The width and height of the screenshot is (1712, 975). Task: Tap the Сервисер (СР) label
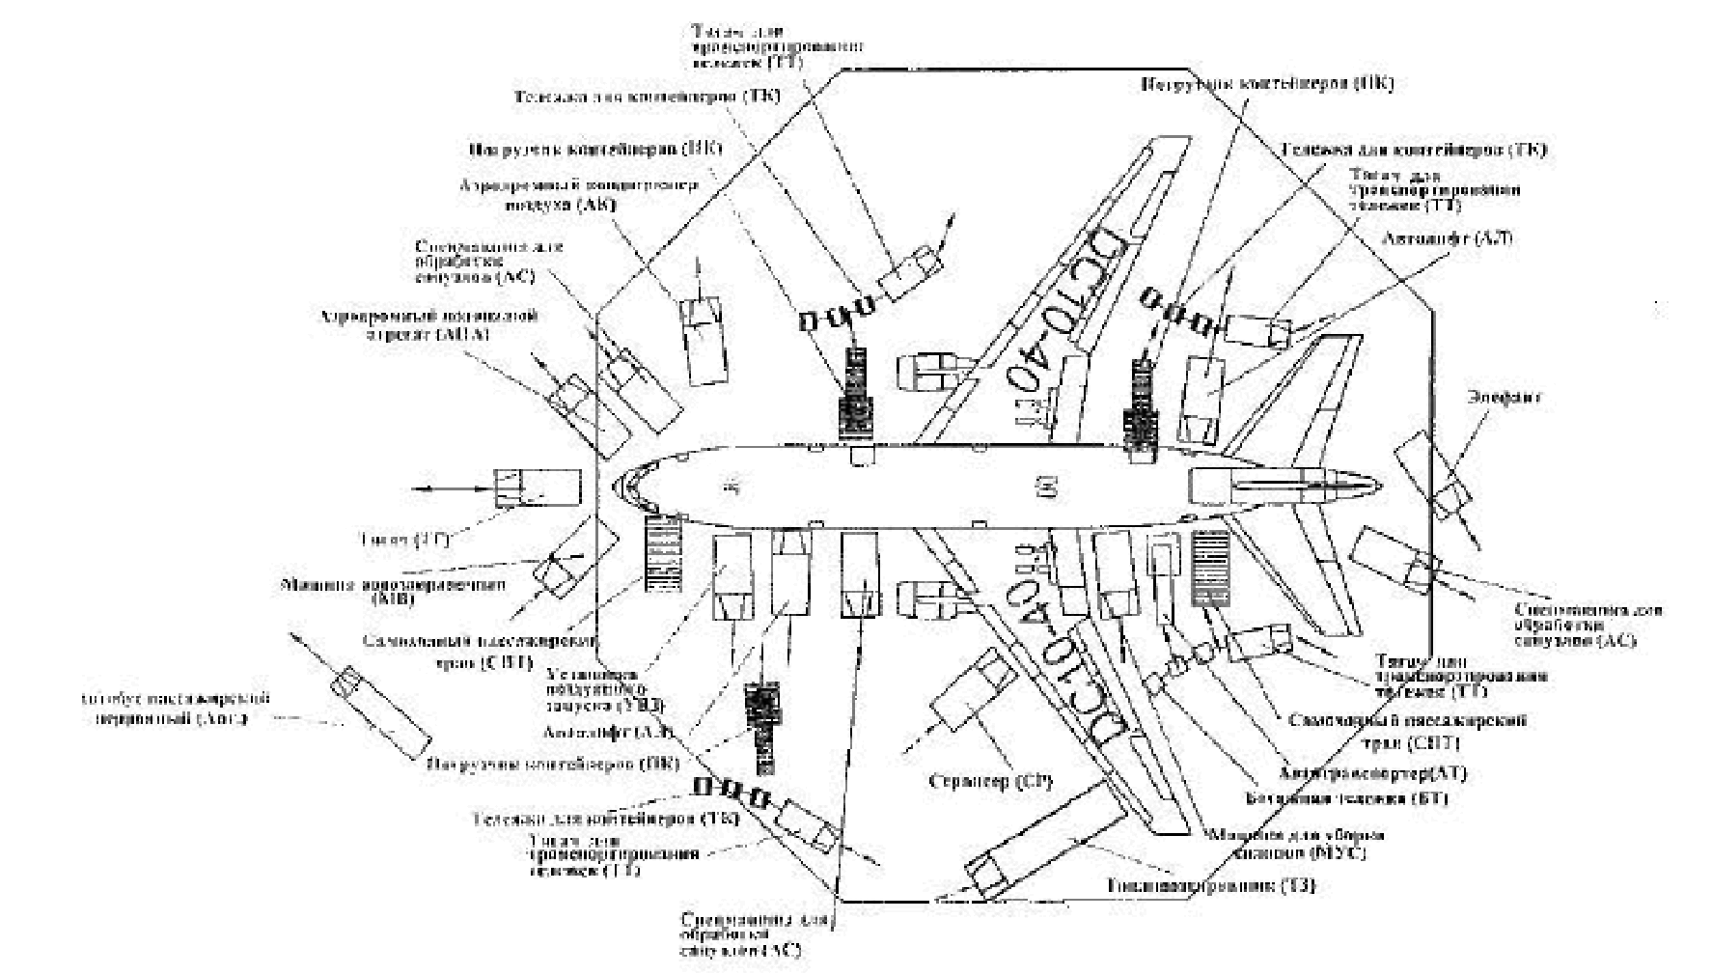[x=990, y=780]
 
